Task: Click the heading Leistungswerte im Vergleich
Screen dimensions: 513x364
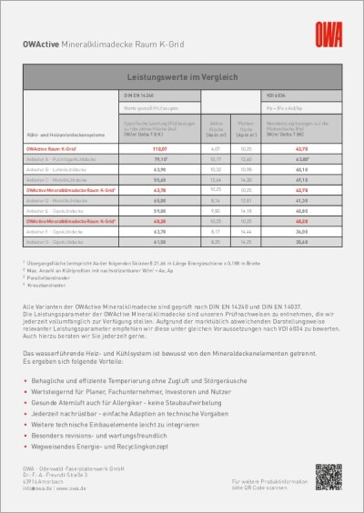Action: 181,80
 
